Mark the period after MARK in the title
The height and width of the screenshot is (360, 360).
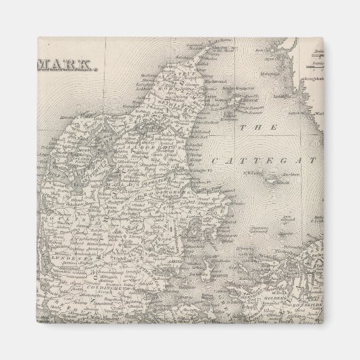(94, 70)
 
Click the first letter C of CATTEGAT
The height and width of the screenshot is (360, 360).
(216, 161)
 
